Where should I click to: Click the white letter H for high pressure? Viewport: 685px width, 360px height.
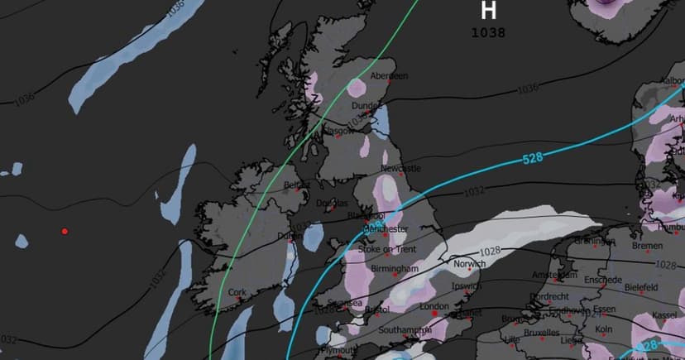[x=489, y=11]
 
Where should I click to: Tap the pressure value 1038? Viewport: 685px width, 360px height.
[x=488, y=33]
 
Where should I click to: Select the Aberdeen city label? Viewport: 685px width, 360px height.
[x=389, y=76]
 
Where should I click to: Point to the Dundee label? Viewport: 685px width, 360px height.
[x=366, y=106]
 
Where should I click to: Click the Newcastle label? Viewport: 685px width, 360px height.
[x=400, y=169]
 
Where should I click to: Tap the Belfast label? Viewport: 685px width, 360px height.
[x=295, y=185]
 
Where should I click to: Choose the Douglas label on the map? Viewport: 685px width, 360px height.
[x=333, y=204]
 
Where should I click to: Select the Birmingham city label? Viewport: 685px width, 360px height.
[x=395, y=270]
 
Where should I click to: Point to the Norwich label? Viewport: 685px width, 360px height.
[x=470, y=265]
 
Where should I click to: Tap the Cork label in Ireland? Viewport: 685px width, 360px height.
[x=237, y=292]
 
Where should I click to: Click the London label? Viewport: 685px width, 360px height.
[x=434, y=306]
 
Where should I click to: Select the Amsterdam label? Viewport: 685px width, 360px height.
[x=553, y=275]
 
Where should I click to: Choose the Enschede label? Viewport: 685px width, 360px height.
[x=601, y=280]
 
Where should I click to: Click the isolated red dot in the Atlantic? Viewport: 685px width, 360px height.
[x=65, y=231]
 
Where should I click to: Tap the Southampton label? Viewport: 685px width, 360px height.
[x=404, y=330]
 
